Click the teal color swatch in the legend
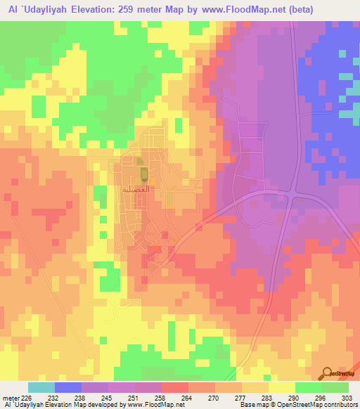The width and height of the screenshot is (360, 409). (41, 387)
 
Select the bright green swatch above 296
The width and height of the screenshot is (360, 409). (309, 387)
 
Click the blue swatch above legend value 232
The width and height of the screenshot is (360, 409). (68, 387)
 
